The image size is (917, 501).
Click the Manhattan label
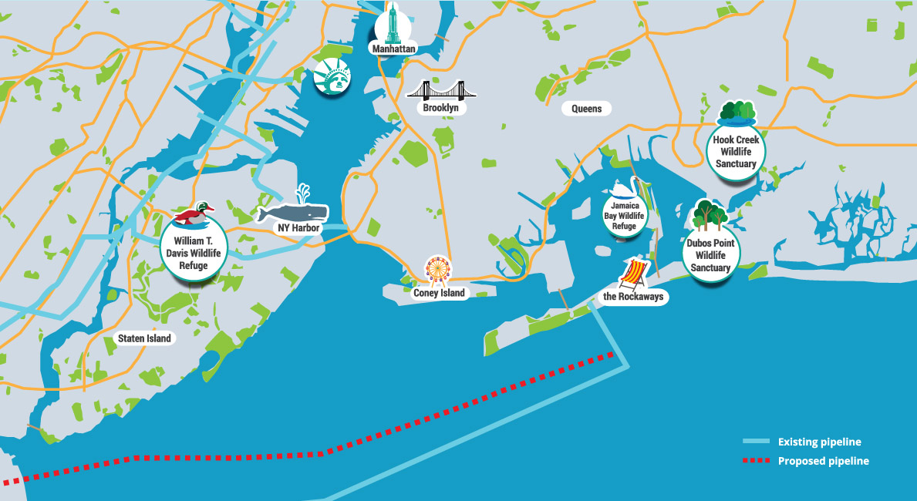[x=393, y=49]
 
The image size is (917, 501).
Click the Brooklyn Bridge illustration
[x=441, y=90]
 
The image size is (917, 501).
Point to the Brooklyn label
[x=441, y=108]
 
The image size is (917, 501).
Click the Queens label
[x=587, y=109]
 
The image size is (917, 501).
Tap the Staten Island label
[x=144, y=338]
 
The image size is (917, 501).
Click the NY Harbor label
[x=299, y=228]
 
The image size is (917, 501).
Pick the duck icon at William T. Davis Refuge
[x=195, y=216]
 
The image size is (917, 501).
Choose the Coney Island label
[x=439, y=293]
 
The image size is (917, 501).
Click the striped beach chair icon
[x=633, y=274]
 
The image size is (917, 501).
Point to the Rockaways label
[x=633, y=297]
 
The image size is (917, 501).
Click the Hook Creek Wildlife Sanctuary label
[x=736, y=152]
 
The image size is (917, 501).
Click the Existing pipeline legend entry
[x=819, y=442]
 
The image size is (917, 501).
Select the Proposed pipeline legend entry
[x=823, y=461]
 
